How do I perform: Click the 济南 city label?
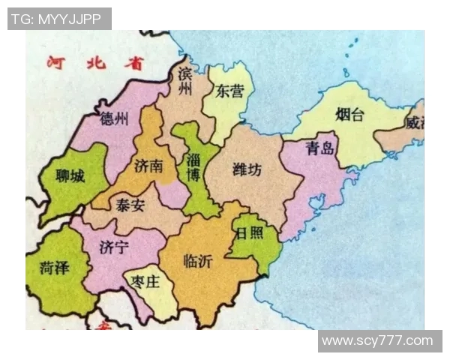click(148, 166)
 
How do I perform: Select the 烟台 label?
click(349, 115)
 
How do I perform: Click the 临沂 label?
click(198, 261)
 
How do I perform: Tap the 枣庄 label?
click(145, 283)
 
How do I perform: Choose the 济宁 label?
click(114, 247)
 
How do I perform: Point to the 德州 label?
click(115, 118)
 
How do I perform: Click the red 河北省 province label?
click(94, 63)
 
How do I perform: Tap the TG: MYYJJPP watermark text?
click(59, 19)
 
